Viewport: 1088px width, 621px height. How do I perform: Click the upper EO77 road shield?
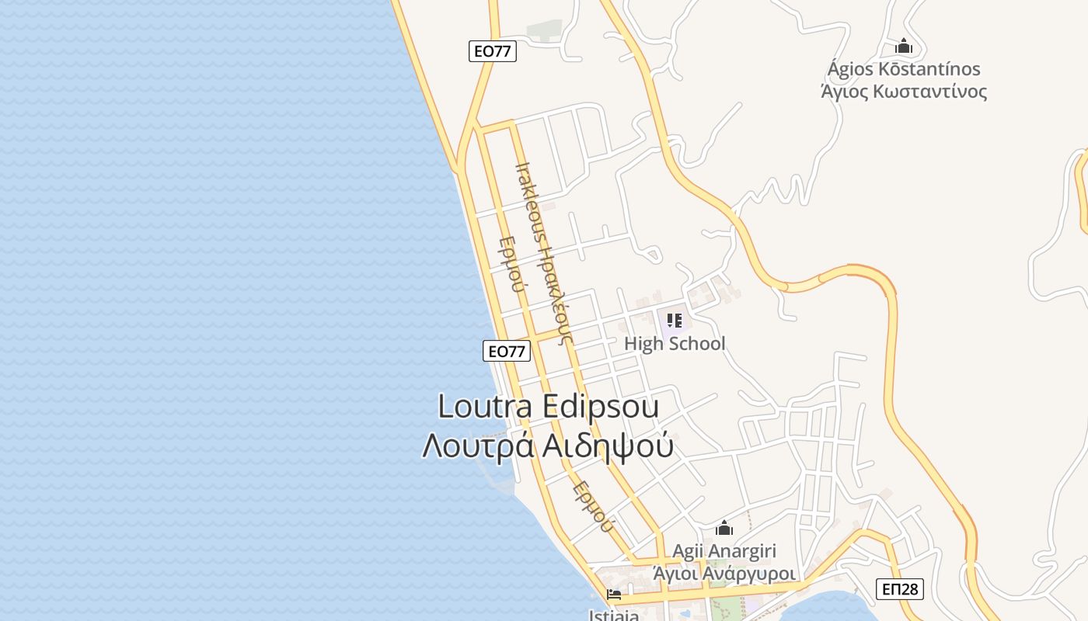(493, 51)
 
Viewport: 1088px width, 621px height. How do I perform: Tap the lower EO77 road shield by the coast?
(506, 351)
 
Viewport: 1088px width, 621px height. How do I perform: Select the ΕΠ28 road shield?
(901, 589)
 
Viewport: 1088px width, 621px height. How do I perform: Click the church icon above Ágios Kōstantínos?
(904, 46)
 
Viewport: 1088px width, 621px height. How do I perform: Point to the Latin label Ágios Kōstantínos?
(904, 69)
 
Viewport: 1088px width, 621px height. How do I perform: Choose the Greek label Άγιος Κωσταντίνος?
(904, 92)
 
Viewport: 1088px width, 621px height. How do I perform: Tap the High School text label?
(675, 343)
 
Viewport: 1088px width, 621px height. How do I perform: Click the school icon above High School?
(674, 320)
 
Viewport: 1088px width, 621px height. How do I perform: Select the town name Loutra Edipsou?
(548, 407)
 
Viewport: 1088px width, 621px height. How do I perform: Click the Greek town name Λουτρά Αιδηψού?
(548, 446)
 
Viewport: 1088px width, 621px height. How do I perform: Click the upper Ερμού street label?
(510, 263)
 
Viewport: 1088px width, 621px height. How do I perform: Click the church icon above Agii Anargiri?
(724, 528)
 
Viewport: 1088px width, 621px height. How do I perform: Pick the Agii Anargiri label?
(724, 551)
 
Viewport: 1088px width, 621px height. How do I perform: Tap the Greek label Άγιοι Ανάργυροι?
(724, 574)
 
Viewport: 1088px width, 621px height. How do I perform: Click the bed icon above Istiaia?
(614, 595)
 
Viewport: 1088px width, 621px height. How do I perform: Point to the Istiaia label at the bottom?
(614, 616)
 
